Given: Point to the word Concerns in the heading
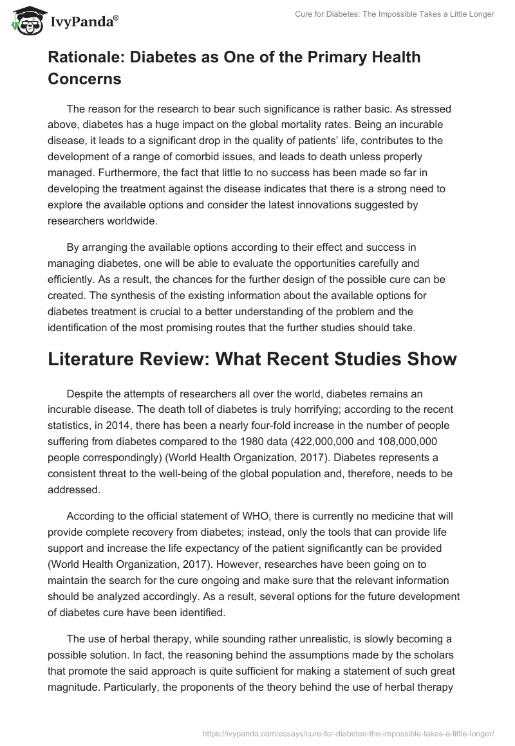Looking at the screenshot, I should click(x=84, y=78).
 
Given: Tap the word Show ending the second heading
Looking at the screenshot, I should click(x=428, y=359).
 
